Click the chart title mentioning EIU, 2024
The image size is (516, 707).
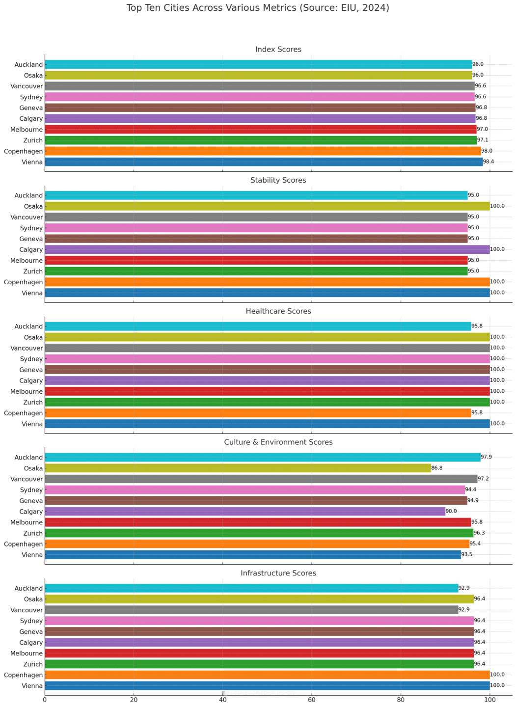coord(258,8)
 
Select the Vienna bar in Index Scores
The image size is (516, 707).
coord(264,162)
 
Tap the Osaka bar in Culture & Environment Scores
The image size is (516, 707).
coord(238,468)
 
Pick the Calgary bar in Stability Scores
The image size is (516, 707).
coord(267,249)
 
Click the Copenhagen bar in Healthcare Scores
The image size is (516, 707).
coord(258,413)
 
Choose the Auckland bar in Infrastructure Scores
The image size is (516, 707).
coord(251,588)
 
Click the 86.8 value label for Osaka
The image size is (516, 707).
coord(437,468)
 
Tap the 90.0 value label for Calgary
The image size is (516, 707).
coord(451,512)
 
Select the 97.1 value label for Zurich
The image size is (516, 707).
coord(483,140)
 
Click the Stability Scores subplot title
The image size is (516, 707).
coord(278,180)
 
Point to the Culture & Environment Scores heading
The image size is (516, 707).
coord(278,442)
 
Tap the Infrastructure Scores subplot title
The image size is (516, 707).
coord(278,573)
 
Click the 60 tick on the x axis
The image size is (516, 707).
coord(312,700)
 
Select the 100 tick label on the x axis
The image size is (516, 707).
coord(489,700)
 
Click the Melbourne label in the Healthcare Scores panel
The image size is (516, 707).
coord(27,391)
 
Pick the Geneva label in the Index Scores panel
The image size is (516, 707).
coord(31,108)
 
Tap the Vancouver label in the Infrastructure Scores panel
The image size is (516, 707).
coord(27,610)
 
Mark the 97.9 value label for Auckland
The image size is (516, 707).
coord(487,458)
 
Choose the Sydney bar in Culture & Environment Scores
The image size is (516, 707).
coord(255,490)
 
